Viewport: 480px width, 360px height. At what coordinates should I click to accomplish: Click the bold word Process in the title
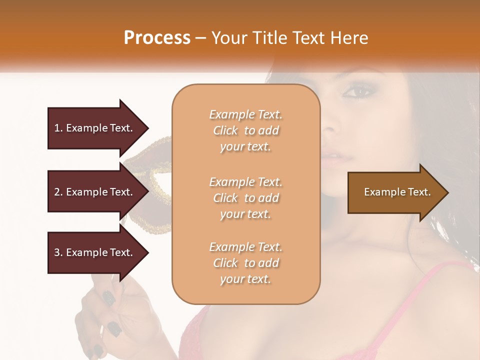click(x=157, y=38)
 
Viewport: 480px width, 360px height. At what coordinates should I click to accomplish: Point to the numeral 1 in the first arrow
click(x=56, y=128)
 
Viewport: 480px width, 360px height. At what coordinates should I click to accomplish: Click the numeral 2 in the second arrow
click(x=57, y=192)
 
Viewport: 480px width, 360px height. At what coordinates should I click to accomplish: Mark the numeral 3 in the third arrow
click(x=57, y=252)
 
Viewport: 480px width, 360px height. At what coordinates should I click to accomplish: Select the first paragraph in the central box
click(x=245, y=130)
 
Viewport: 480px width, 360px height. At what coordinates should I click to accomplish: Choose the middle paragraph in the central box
click(x=245, y=198)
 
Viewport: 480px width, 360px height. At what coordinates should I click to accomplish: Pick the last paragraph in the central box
click(x=245, y=263)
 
